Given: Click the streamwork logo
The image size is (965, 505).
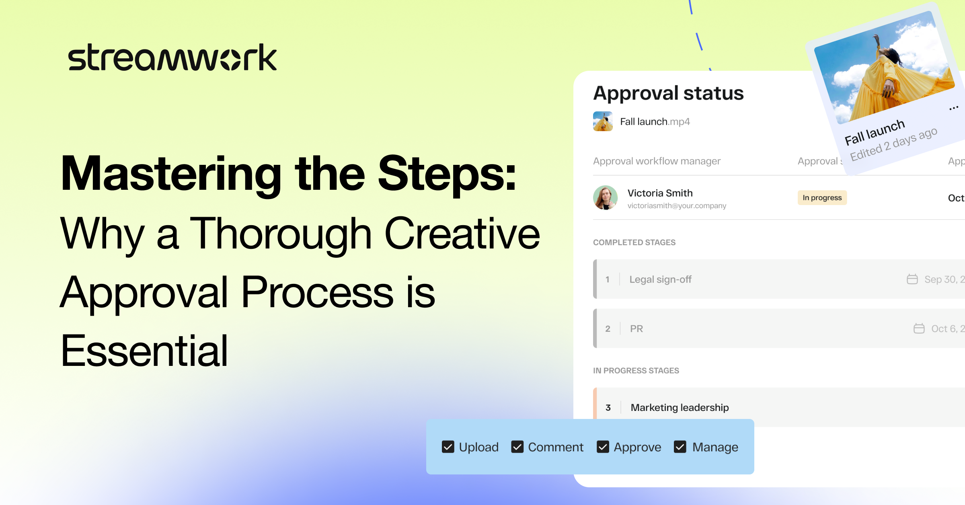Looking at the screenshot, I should (172, 57).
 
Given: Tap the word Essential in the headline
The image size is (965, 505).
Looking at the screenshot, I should (144, 351).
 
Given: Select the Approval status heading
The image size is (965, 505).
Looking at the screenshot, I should (668, 93).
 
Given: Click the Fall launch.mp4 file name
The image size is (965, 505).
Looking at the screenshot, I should (655, 121).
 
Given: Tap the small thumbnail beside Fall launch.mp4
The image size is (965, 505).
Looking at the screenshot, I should (603, 121).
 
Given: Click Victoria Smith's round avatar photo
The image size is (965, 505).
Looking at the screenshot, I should (605, 197).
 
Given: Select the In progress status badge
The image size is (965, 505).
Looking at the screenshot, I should (822, 198).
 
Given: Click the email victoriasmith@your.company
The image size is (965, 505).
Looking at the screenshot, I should (677, 206).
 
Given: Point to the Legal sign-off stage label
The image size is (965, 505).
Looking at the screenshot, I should (660, 279).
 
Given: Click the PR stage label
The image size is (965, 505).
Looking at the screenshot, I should (636, 329).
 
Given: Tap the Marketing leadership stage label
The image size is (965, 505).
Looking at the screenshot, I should (680, 408).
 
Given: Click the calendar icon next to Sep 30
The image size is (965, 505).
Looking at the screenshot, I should (912, 279).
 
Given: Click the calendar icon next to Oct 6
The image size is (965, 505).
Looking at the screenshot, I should (919, 328).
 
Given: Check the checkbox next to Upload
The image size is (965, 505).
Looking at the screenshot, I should (448, 447).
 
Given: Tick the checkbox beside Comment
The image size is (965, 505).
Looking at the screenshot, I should (517, 447).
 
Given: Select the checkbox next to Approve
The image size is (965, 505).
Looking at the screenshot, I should (603, 447).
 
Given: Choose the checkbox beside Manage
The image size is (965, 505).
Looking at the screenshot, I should (680, 447).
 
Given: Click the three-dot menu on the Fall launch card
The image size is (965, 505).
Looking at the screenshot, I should (954, 108).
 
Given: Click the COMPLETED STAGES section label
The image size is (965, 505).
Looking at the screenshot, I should (634, 242).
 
